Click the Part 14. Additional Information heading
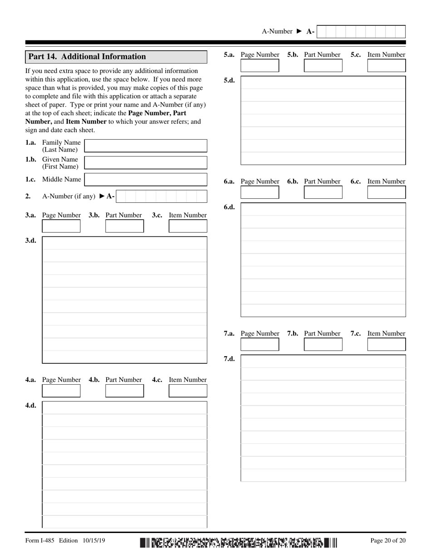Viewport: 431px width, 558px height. (87, 57)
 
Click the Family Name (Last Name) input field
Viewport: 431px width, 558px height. (146, 146)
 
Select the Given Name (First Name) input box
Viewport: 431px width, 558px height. (146, 162)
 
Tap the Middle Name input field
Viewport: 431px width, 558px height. (146, 180)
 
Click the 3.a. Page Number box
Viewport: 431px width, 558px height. (61, 226)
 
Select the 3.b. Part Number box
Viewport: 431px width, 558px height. (124, 226)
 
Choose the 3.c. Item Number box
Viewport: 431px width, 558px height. (188, 226)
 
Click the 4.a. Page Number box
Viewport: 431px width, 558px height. (61, 391)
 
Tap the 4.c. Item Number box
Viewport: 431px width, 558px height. (188, 391)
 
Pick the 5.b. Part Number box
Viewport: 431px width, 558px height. (323, 66)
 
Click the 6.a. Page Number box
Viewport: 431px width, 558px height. (260, 192)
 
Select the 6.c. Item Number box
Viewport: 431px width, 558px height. (387, 192)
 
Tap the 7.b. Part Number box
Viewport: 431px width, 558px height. (323, 344)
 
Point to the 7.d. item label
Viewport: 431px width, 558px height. (229, 359)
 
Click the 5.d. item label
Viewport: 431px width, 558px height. (229, 80)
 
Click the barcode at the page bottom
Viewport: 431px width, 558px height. (239, 542)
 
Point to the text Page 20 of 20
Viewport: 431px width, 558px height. (388, 540)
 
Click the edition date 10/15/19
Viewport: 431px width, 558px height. (94, 540)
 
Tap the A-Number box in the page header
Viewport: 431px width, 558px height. (361, 32)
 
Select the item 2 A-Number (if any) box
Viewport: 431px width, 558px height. (162, 196)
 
